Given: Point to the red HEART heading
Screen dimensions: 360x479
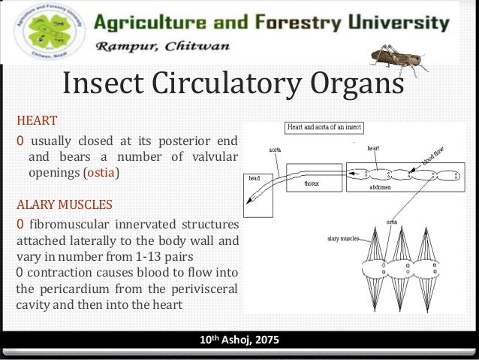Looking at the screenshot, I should click(37, 119).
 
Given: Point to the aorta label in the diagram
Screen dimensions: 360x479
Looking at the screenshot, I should click(276, 149).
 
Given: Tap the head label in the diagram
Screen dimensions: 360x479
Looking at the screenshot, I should click(254, 179).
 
